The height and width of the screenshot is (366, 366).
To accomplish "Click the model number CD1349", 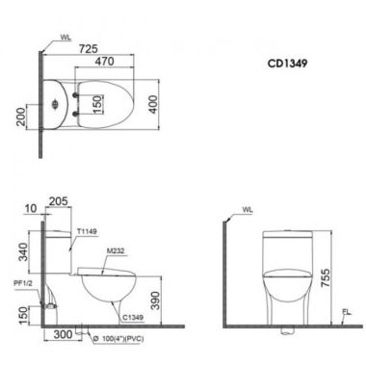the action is pyautogui.click(x=287, y=64).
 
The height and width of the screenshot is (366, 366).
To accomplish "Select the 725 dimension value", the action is pyautogui.click(x=89, y=49).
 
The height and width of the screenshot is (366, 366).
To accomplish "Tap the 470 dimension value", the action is pyautogui.click(x=104, y=61).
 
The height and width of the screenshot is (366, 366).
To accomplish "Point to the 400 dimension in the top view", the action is pyautogui.click(x=153, y=104).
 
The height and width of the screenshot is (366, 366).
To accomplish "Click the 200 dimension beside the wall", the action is pyautogui.click(x=21, y=117).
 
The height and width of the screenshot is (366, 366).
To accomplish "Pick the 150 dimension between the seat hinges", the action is pyautogui.click(x=97, y=104).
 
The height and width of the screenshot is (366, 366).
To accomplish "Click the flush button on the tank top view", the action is pyautogui.click(x=55, y=104).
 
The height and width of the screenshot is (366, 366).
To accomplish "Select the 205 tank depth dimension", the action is pyautogui.click(x=58, y=201).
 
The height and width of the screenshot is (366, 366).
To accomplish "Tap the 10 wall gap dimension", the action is pyautogui.click(x=31, y=209).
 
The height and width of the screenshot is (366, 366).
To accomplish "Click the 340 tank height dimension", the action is pyautogui.click(x=23, y=252).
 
